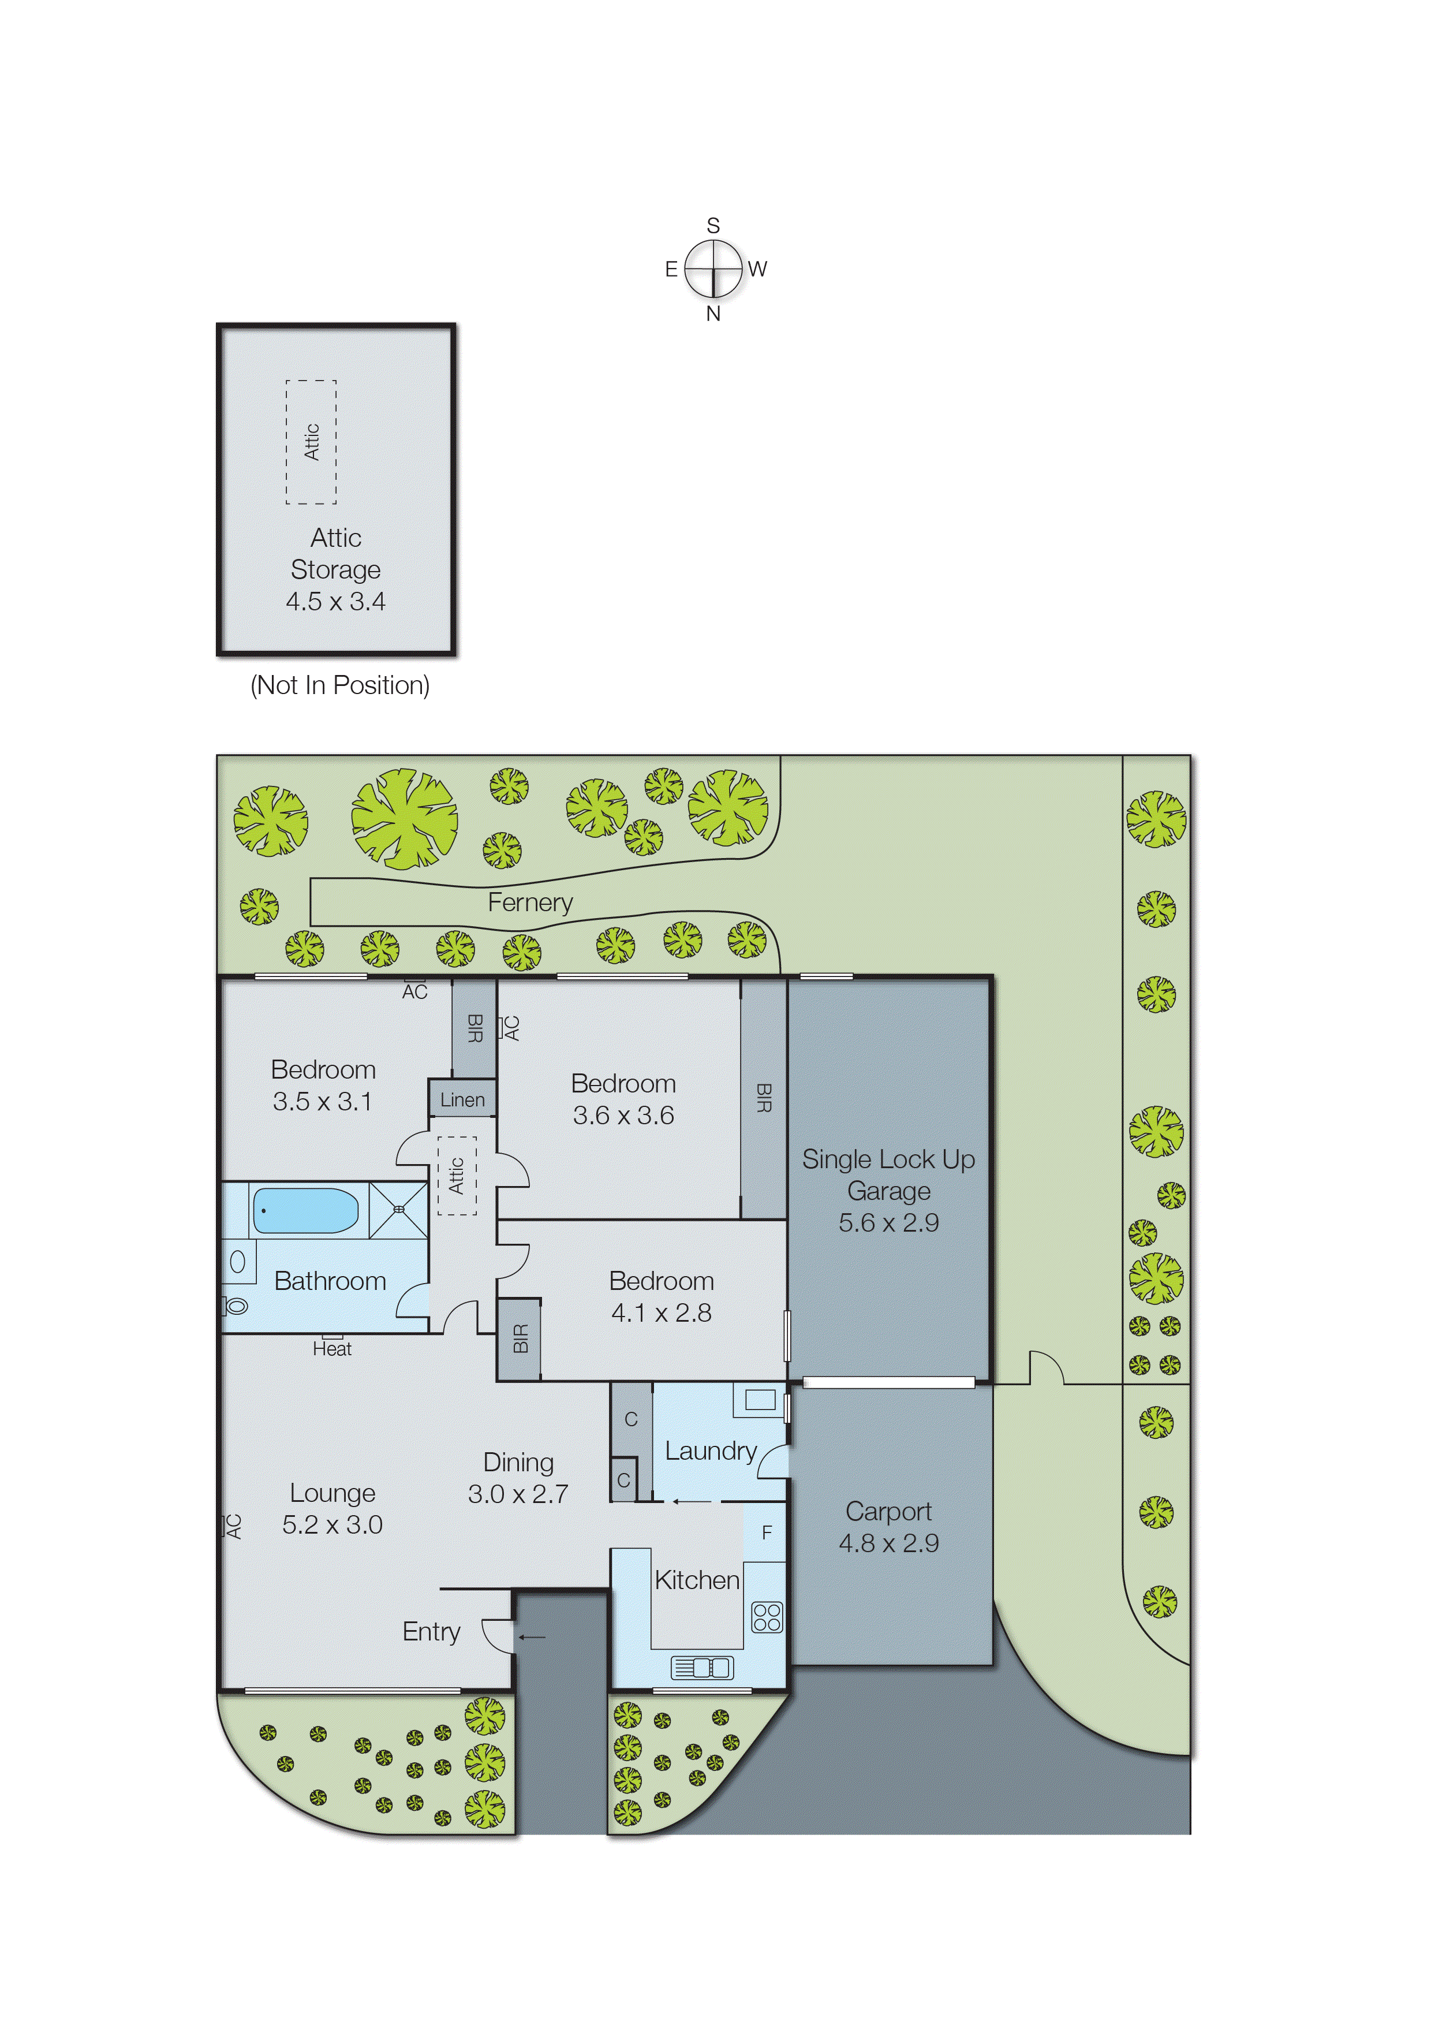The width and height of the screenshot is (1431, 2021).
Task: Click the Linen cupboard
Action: [x=462, y=1099]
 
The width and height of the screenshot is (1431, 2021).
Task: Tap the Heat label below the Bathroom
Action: [x=331, y=1348]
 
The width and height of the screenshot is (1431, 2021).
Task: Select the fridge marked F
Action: [x=766, y=1532]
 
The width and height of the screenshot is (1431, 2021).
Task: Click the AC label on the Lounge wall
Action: [x=234, y=1526]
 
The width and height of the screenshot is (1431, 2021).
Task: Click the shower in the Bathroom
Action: [x=398, y=1210]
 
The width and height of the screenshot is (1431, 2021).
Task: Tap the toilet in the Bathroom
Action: [x=236, y=1306]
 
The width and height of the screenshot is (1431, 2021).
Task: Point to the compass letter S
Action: [x=713, y=226]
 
